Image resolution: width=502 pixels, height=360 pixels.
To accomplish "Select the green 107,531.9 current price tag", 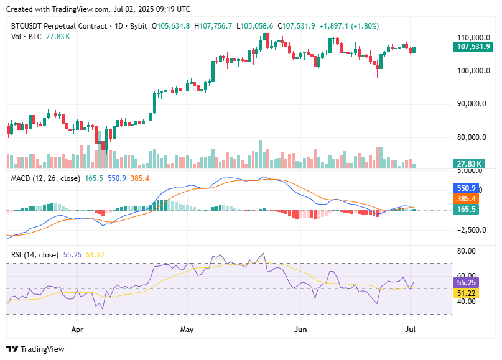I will [473, 47].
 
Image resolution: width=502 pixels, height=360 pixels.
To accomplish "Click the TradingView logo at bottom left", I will [35, 349].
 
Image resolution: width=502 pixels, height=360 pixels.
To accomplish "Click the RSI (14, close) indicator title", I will [35, 255].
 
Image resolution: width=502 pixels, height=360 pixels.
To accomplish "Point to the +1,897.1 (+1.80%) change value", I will [348, 26].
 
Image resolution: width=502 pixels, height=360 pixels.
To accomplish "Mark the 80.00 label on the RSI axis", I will [466, 251].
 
